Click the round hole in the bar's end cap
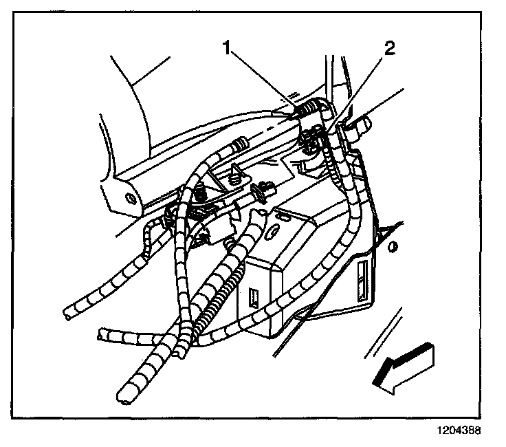[130, 198]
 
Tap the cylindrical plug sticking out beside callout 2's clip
[363, 125]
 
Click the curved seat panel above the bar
[137, 103]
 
